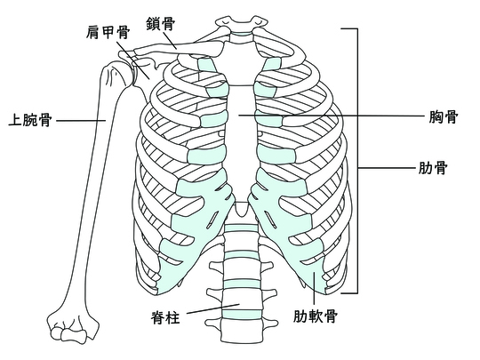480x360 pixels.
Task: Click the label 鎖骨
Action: [x=160, y=24]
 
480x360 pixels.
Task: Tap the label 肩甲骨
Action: [x=108, y=32]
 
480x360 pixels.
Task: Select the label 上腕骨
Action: [x=30, y=120]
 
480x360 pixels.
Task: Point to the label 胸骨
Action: [x=444, y=116]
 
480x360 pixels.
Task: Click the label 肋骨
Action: [x=433, y=167]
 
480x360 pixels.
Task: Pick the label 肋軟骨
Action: [x=316, y=316]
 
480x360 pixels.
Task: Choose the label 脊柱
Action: [x=165, y=316]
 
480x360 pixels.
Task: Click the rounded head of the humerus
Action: [x=115, y=74]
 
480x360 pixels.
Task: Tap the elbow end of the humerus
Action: [x=72, y=326]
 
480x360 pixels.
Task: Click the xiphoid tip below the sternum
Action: [x=242, y=210]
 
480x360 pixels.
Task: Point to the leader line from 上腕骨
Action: [x=81, y=120]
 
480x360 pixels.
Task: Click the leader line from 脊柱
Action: [x=213, y=308]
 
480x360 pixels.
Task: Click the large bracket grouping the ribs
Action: [x=357, y=161]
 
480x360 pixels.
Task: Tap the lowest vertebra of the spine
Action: [x=242, y=332]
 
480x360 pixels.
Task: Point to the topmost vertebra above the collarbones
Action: [x=242, y=22]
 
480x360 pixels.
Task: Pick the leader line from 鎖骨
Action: [x=169, y=40]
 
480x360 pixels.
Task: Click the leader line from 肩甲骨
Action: [x=133, y=60]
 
